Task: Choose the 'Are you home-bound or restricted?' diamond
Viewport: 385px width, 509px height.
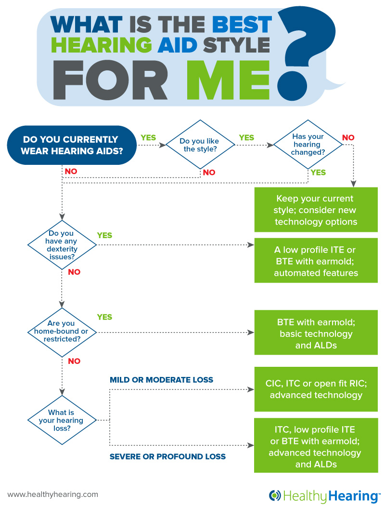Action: click(x=62, y=332)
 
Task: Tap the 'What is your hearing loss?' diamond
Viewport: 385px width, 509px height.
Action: click(x=62, y=420)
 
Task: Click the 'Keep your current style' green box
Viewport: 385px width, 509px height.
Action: click(x=316, y=210)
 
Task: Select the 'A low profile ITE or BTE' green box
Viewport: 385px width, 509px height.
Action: click(x=316, y=261)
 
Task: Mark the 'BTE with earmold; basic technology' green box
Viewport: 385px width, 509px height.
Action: click(x=316, y=334)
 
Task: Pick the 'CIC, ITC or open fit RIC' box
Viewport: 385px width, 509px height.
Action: click(x=316, y=389)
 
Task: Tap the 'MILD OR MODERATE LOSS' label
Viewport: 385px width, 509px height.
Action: click(x=162, y=380)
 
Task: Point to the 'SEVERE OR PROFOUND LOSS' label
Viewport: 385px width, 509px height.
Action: click(x=167, y=456)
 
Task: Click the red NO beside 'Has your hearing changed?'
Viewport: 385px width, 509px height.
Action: click(x=348, y=138)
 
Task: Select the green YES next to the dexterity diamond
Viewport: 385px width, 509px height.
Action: click(x=104, y=235)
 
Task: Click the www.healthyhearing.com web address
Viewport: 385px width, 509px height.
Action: click(x=53, y=494)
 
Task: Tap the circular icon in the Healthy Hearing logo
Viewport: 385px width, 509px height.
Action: click(x=275, y=496)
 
